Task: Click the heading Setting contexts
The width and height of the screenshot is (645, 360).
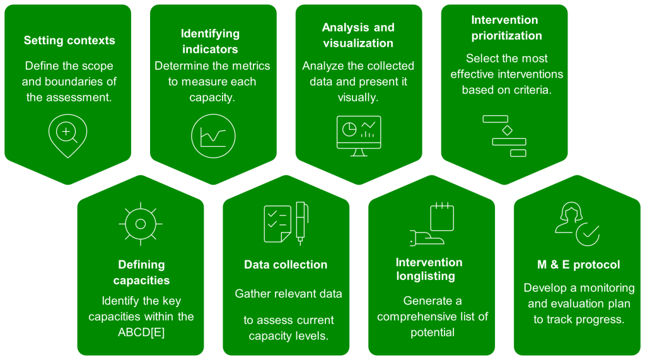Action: pos(69,40)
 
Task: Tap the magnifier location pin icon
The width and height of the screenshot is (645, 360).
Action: pos(67,134)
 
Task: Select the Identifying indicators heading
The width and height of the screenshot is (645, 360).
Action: pos(210,41)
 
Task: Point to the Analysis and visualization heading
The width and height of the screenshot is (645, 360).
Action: pos(358,35)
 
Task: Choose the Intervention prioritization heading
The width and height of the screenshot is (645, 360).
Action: pos(504,28)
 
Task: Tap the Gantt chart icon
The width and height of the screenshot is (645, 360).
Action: pos(504,135)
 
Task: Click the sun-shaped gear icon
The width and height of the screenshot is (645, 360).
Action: pos(141,224)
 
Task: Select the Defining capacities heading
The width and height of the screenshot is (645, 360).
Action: pos(141,272)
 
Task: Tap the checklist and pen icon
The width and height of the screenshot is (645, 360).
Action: pos(286,223)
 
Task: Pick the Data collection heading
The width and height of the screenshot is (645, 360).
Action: pos(286,265)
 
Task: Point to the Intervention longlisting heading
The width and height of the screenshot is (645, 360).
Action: pos(429,269)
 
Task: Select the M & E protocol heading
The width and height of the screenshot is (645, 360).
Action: pos(578,265)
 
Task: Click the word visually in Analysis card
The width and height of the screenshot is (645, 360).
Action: pos(358,98)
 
